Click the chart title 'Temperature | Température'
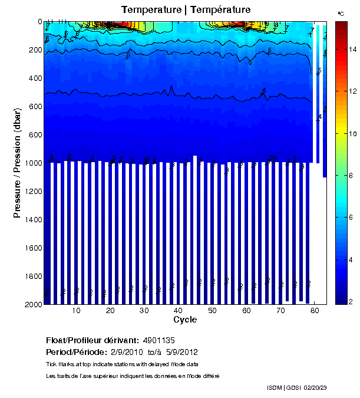pyautogui.click(x=186, y=10)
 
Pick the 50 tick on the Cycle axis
pyautogui.click(x=212, y=311)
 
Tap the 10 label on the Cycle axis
pyautogui.click(x=76, y=311)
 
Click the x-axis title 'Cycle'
pyautogui.click(x=185, y=320)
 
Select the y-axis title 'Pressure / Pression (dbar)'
pyautogui.click(x=17, y=163)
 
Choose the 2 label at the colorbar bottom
pyautogui.click(x=352, y=302)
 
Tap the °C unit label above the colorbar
pyautogui.click(x=341, y=12)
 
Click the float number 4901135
pyautogui.click(x=158, y=341)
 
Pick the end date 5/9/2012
pyautogui.click(x=181, y=353)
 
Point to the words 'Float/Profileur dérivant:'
pyautogui.click(x=93, y=341)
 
